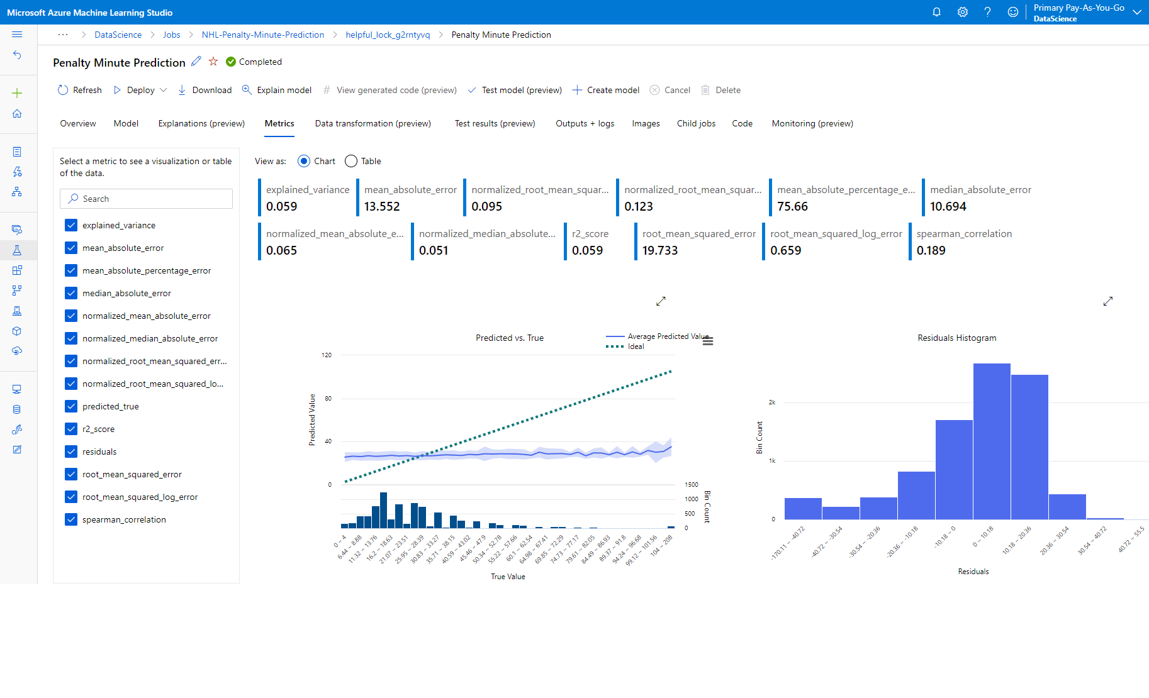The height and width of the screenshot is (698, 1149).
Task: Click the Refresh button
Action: tap(80, 90)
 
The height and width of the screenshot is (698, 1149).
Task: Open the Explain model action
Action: tap(277, 90)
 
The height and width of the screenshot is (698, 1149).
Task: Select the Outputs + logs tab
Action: tap(585, 123)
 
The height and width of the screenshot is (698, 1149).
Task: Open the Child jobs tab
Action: tap(696, 123)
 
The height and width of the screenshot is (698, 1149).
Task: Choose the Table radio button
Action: tap(351, 161)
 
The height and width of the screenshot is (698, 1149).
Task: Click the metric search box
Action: tap(146, 199)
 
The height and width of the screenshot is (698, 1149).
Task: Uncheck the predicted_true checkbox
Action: tap(71, 406)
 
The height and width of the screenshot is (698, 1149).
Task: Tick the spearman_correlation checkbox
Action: tap(71, 519)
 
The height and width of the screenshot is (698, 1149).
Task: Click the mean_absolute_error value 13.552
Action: tap(382, 206)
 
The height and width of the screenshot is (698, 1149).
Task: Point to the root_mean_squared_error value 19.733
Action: tap(659, 250)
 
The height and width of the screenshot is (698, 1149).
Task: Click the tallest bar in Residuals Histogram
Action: tap(992, 440)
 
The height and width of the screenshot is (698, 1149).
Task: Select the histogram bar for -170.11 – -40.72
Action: tap(803, 508)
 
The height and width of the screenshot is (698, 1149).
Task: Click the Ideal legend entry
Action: tap(636, 346)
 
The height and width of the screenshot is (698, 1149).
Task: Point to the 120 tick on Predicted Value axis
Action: tap(327, 355)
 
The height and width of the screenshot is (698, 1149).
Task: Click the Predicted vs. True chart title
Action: tap(509, 338)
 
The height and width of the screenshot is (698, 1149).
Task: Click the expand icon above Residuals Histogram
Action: tap(1108, 301)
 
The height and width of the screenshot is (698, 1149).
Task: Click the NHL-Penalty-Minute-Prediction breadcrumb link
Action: tap(263, 35)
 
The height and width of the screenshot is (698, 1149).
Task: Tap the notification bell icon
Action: tap(936, 12)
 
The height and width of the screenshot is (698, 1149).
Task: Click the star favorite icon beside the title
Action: tap(213, 62)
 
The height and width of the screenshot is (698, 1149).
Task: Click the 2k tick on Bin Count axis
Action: tap(772, 402)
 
